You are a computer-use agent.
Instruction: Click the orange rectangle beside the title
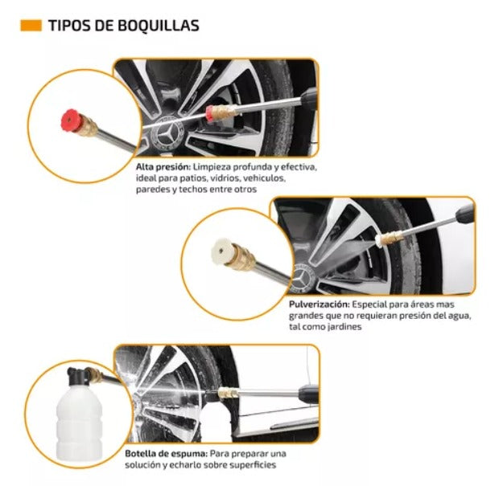click(31, 26)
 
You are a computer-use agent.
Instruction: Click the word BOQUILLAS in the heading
click(159, 26)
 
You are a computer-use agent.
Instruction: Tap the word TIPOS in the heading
click(66, 26)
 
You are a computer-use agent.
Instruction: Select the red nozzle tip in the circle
click(70, 120)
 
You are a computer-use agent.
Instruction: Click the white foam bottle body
click(79, 419)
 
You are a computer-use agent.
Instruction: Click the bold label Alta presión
click(163, 167)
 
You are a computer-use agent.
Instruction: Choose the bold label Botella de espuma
click(167, 454)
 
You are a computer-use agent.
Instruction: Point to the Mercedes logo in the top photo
click(167, 135)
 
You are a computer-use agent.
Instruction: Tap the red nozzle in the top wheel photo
click(209, 113)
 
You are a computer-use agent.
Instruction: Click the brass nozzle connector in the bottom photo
click(228, 394)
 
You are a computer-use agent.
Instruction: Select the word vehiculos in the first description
click(265, 178)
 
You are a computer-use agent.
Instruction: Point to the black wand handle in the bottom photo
click(309, 394)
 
